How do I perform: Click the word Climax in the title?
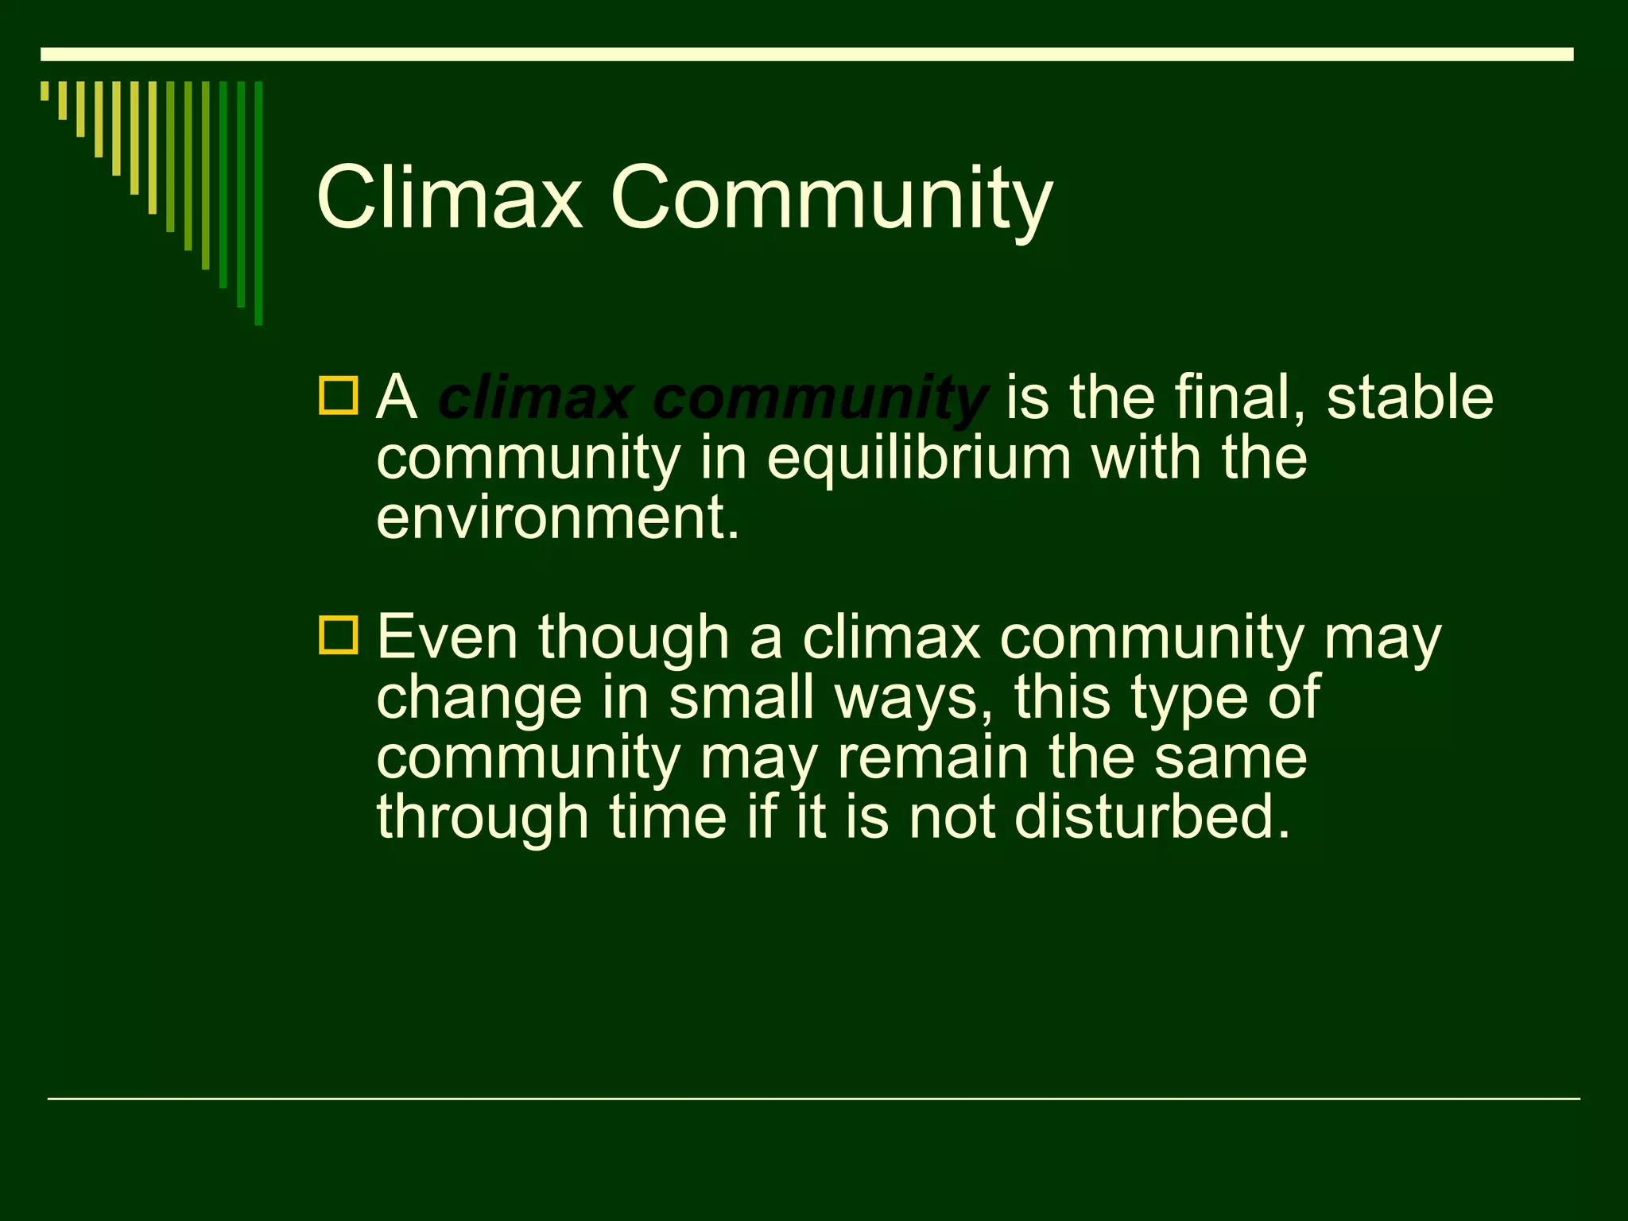pyautogui.click(x=449, y=197)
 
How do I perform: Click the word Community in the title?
pyautogui.click(x=831, y=199)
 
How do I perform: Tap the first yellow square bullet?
pyautogui.click(x=339, y=396)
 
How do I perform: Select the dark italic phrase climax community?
pyautogui.click(x=711, y=397)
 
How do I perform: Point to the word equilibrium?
pyautogui.click(x=918, y=459)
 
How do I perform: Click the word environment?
pyautogui.click(x=556, y=518)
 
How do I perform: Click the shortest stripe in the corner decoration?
pyautogui.click(x=45, y=91)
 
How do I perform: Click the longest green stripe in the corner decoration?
pyautogui.click(x=258, y=203)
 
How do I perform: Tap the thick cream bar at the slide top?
pyautogui.click(x=806, y=54)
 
